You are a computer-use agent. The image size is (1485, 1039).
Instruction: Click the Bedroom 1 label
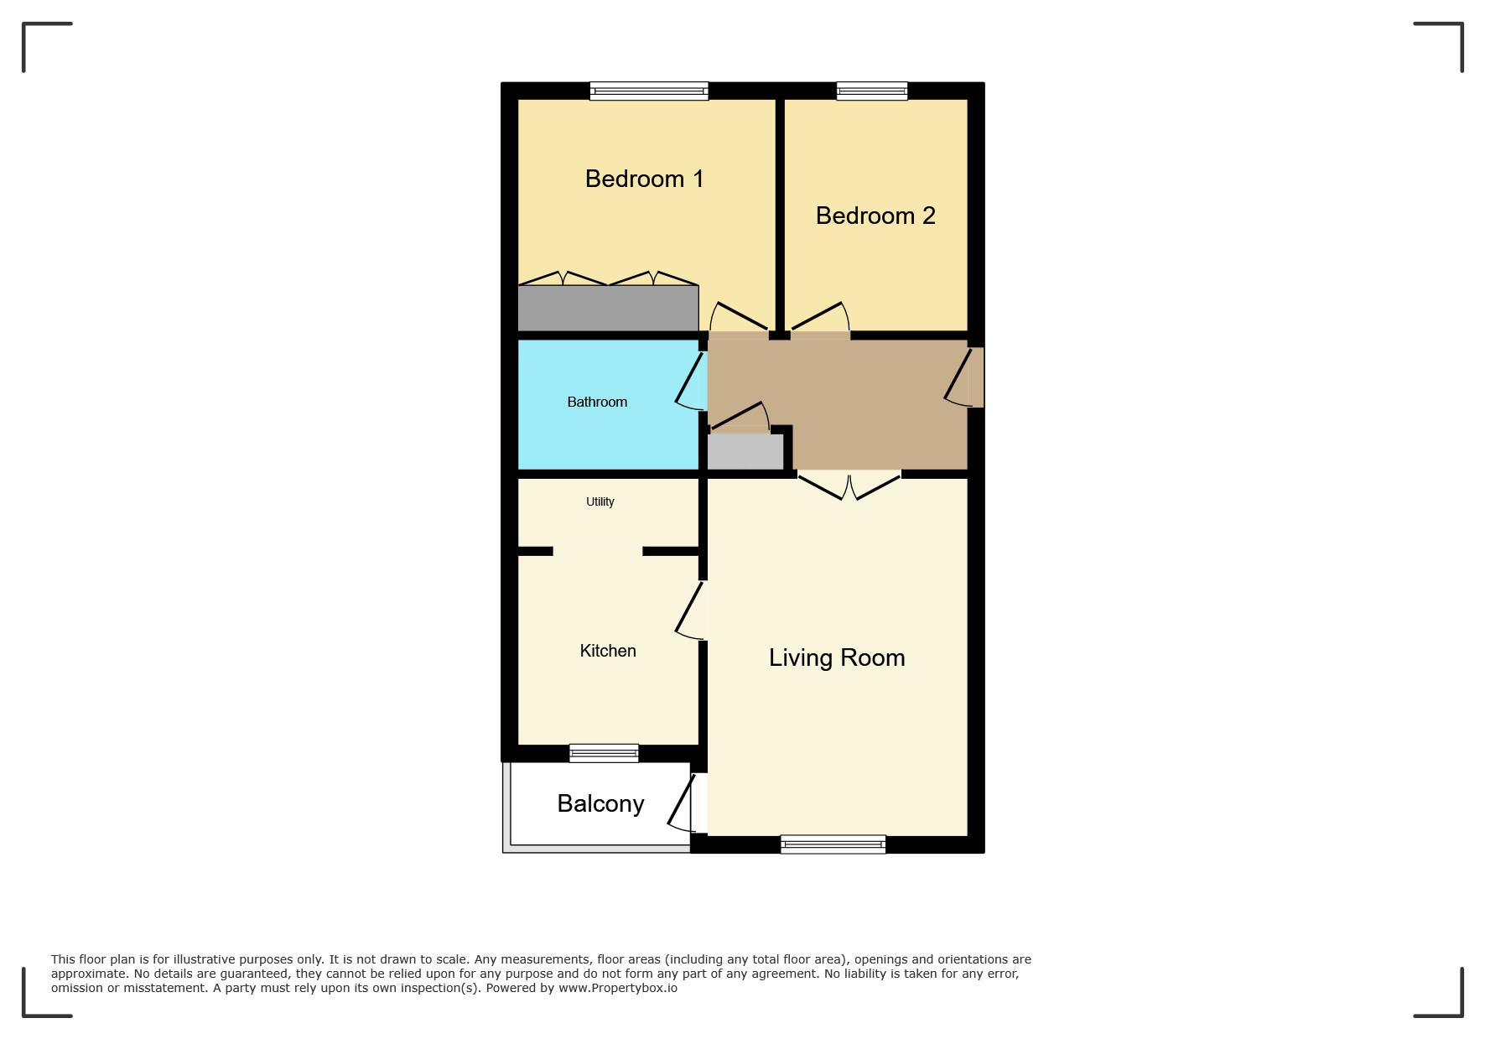click(x=644, y=179)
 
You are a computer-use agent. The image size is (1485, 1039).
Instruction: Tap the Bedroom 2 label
click(x=875, y=216)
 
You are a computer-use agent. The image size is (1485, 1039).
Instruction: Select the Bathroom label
click(x=597, y=403)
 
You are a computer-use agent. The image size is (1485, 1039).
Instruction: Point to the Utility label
click(x=600, y=501)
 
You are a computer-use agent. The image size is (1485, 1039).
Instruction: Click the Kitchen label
click(x=608, y=651)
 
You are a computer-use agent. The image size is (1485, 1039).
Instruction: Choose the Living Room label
click(x=837, y=657)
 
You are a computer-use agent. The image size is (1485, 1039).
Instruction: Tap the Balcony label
click(x=600, y=803)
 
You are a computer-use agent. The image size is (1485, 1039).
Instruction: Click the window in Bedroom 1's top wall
click(x=649, y=91)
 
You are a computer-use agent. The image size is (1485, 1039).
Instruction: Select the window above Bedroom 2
click(x=872, y=91)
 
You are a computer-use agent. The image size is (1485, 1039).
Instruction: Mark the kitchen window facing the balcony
click(x=604, y=753)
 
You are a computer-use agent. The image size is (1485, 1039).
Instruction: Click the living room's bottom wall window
click(x=833, y=844)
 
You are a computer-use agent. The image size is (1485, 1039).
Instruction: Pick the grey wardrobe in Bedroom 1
click(x=608, y=308)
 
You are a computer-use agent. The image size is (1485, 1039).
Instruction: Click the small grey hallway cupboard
click(x=745, y=451)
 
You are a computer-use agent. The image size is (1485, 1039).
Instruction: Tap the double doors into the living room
click(x=849, y=486)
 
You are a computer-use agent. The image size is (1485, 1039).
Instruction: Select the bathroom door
click(x=692, y=382)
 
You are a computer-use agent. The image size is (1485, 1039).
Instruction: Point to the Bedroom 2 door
click(x=820, y=317)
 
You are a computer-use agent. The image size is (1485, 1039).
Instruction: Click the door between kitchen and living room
click(x=691, y=610)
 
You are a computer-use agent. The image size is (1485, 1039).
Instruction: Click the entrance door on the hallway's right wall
click(x=963, y=377)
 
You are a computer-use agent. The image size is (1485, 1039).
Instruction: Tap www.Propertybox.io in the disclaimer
click(x=618, y=988)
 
